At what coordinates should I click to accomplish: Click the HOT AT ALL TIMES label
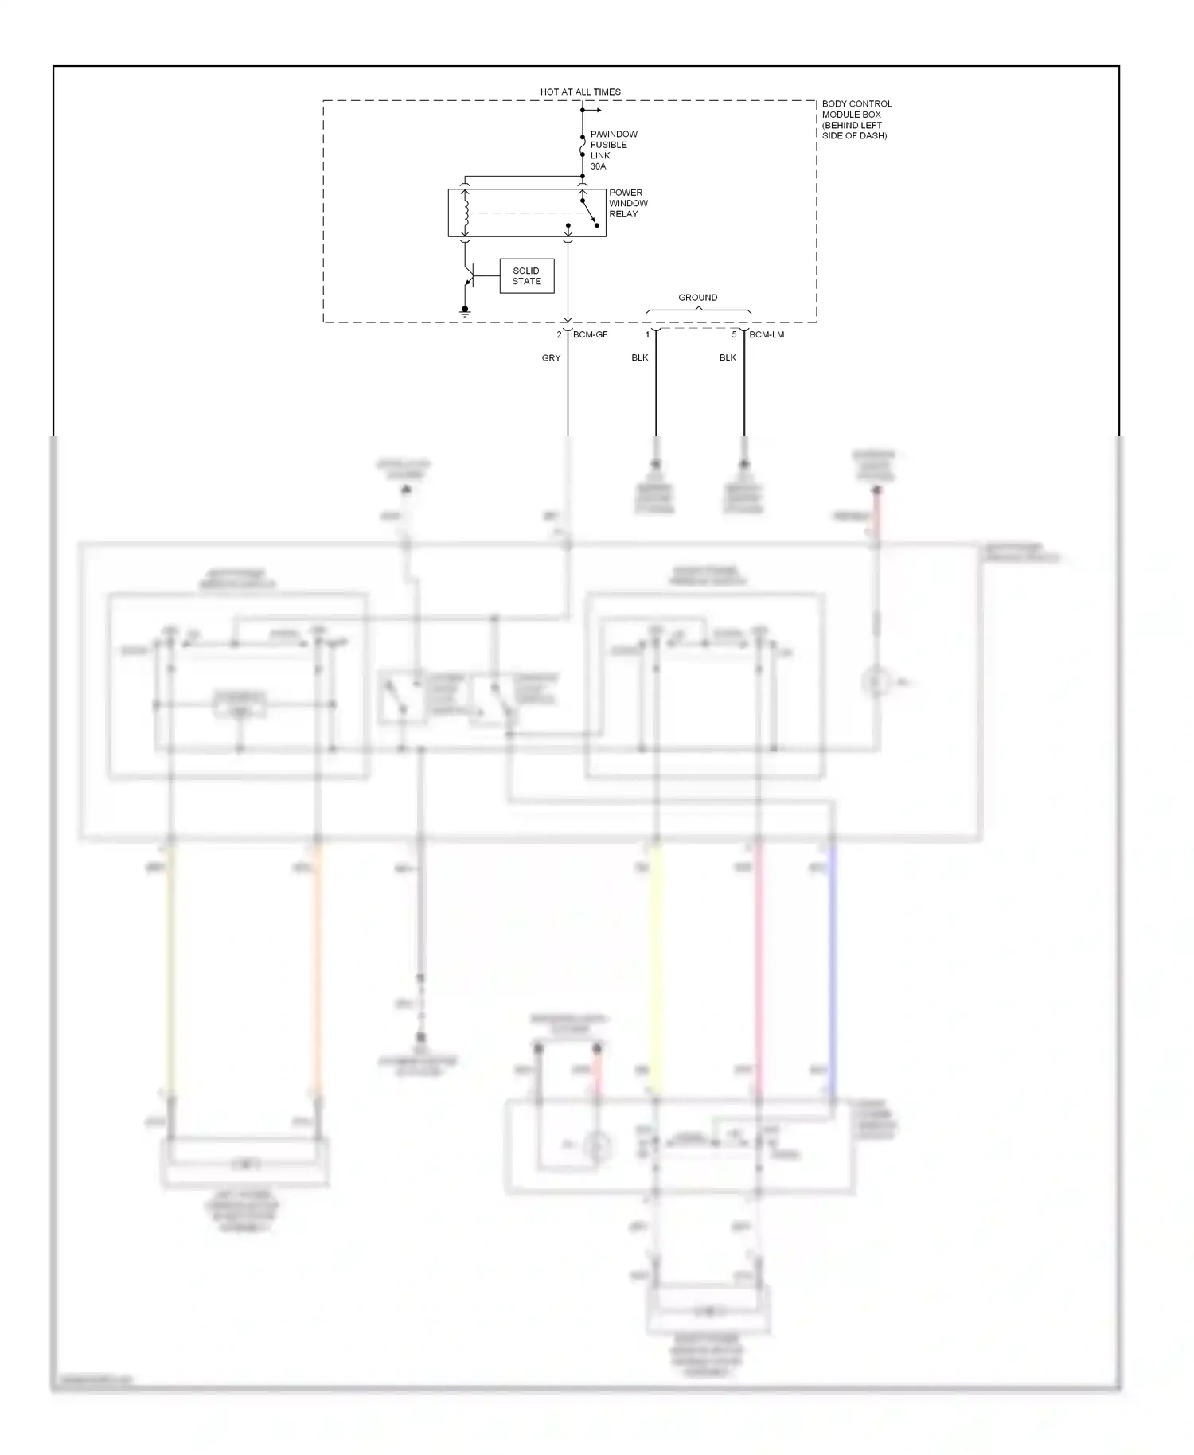coord(580,92)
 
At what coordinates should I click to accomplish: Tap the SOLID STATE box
coord(526,276)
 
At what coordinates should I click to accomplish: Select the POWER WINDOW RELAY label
coord(628,203)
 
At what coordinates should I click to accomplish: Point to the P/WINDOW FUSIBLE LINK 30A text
coord(613,150)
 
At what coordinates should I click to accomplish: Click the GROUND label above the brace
coord(697,297)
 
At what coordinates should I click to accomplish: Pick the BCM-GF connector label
coord(590,334)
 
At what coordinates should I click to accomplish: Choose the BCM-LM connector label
coord(767,334)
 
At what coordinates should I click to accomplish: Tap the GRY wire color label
coord(551,358)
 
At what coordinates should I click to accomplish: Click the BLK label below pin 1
coord(640,357)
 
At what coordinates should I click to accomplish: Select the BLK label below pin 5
coord(728,357)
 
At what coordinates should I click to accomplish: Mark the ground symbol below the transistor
coord(465,311)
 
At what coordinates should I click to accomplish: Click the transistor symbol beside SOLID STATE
coord(469,278)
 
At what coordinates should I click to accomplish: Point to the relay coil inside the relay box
coord(466,213)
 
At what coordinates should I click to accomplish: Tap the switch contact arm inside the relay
coord(589,213)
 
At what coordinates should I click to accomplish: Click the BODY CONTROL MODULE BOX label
coord(856,119)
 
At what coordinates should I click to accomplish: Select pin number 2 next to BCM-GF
coord(560,334)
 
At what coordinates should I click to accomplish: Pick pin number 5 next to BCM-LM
coord(734,334)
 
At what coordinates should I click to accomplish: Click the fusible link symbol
coord(583,146)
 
